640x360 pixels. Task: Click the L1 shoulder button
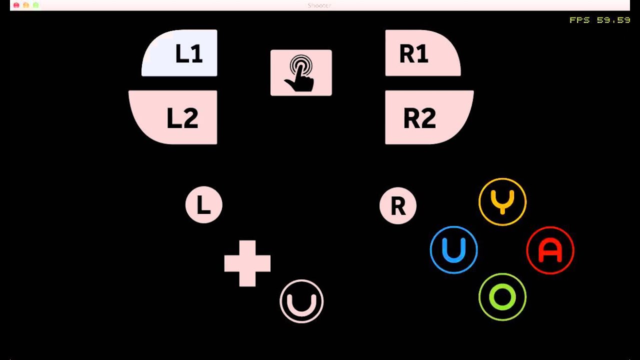point(180,53)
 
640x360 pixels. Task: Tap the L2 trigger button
point(174,117)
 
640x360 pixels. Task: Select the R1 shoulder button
point(421,53)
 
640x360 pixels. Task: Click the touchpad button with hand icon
point(301,72)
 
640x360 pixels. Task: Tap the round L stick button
point(203,205)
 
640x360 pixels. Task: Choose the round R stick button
point(398,205)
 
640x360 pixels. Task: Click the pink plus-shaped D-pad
point(247,263)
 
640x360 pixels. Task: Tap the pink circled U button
point(301,301)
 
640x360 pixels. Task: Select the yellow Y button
point(502,201)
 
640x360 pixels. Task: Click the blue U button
point(454,250)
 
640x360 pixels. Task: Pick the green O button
point(502,297)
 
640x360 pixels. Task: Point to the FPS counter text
point(599,20)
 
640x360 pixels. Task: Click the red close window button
point(16,5)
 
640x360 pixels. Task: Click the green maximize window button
point(35,5)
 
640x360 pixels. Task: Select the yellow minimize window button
point(26,5)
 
